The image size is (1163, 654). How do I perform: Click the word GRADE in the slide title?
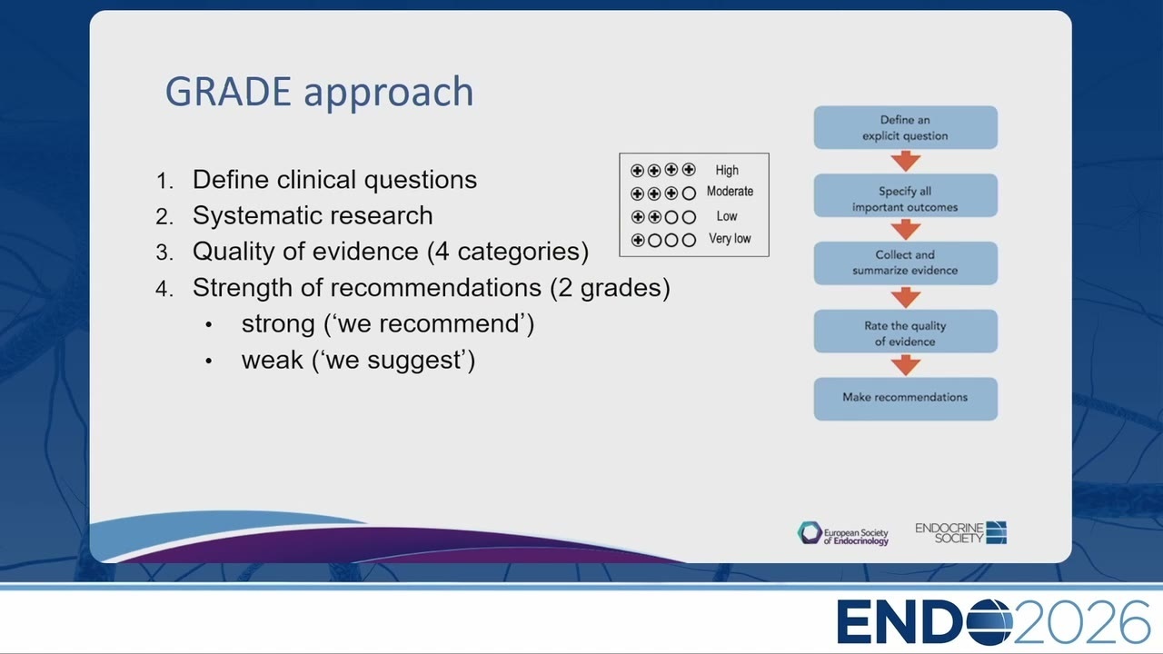[228, 92]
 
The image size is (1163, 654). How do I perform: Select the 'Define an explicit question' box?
[906, 128]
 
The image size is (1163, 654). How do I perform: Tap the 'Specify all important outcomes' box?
[906, 195]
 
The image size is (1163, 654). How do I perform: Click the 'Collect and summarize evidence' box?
[906, 263]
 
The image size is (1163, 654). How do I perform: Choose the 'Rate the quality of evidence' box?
[906, 332]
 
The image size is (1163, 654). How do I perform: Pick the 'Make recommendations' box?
[906, 399]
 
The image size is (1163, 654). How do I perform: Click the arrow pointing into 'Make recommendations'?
[906, 365]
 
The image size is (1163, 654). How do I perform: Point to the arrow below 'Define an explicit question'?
[906, 162]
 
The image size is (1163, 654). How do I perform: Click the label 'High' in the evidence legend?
[727, 170]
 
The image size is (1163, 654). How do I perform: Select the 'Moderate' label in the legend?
[730, 192]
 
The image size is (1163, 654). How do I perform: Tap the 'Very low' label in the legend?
[730, 239]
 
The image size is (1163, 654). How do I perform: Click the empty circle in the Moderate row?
[689, 193]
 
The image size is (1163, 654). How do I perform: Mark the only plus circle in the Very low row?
[638, 241]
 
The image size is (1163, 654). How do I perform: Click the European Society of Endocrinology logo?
[842, 533]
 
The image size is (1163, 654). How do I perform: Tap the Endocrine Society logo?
[960, 533]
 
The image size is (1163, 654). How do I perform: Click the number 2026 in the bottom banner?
[1081, 622]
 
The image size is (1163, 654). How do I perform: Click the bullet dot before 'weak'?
[209, 362]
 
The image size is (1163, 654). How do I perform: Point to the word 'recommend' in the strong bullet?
[450, 324]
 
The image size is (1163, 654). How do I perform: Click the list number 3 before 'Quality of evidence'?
[164, 253]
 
